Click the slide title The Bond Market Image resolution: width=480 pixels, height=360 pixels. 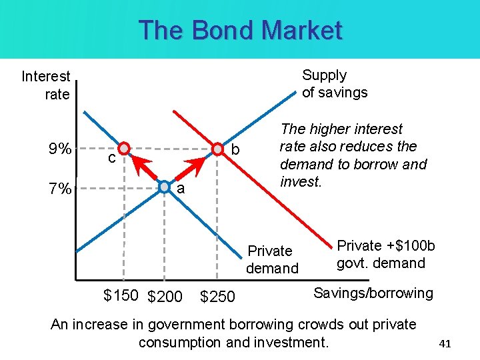click(x=240, y=31)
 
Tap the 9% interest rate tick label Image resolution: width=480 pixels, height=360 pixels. click(x=61, y=148)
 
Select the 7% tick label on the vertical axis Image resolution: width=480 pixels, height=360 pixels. click(x=60, y=189)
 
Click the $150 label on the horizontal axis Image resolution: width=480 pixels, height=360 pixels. click(x=121, y=295)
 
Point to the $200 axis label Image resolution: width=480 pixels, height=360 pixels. click(x=165, y=297)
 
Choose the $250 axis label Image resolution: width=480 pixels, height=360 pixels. click(x=217, y=297)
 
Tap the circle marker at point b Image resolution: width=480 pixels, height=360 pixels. click(x=217, y=148)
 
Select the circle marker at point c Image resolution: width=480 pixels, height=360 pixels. click(x=123, y=148)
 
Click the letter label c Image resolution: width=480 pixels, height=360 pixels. click(x=112, y=159)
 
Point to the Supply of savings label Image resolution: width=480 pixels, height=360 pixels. click(x=335, y=84)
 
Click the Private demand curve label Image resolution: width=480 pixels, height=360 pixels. click(x=272, y=259)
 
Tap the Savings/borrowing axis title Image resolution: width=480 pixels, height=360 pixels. click(x=373, y=293)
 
